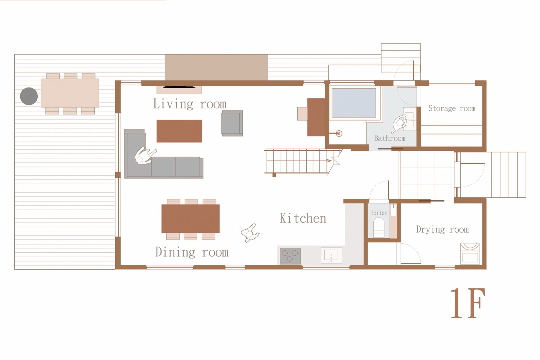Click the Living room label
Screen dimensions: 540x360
[x=190, y=104]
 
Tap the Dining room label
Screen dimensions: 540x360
[x=192, y=252]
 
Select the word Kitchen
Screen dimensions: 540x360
[x=303, y=218]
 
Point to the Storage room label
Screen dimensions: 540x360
[x=452, y=108]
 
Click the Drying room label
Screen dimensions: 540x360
[x=442, y=229]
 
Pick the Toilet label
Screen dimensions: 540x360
[x=379, y=213]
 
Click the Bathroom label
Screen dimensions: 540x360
[x=390, y=138]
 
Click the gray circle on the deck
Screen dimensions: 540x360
[x=29, y=96]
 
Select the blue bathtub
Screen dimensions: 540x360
[x=354, y=103]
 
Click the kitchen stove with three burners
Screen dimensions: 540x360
[x=290, y=256]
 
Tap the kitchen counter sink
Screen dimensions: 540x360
[x=331, y=255]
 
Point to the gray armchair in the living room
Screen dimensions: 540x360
[x=232, y=123]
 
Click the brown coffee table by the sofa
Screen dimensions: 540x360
[x=179, y=131]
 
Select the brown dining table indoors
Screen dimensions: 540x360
[x=190, y=219]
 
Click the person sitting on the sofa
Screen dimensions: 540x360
[x=144, y=156]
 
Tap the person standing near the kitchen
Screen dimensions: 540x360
[x=250, y=233]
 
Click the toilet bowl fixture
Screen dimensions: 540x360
[x=379, y=228]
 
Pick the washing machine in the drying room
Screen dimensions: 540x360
[x=470, y=254]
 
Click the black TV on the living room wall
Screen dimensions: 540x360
[x=179, y=87]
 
